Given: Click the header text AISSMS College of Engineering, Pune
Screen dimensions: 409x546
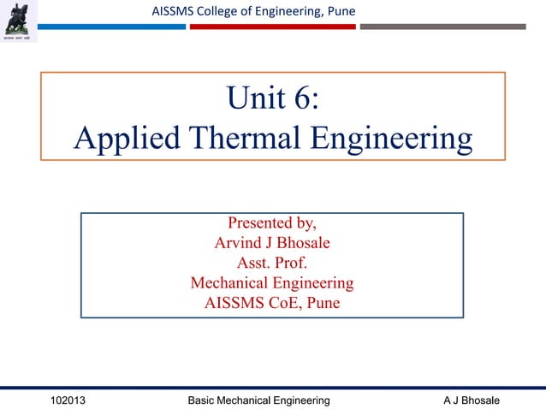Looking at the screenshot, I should click(x=252, y=10).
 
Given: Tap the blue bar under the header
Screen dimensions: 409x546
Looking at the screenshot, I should click(x=111, y=27).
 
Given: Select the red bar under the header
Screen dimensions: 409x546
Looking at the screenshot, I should click(x=272, y=27).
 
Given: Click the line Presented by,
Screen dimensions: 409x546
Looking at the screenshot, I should click(x=271, y=224).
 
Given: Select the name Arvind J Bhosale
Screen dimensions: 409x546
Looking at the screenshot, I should click(x=271, y=243).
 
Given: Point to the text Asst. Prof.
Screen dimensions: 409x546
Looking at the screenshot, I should click(x=271, y=263).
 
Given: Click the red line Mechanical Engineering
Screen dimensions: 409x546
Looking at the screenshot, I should click(x=271, y=282).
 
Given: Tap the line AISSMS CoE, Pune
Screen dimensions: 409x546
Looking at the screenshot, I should click(x=271, y=302).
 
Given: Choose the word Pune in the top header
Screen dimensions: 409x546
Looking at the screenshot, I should click(x=339, y=10).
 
